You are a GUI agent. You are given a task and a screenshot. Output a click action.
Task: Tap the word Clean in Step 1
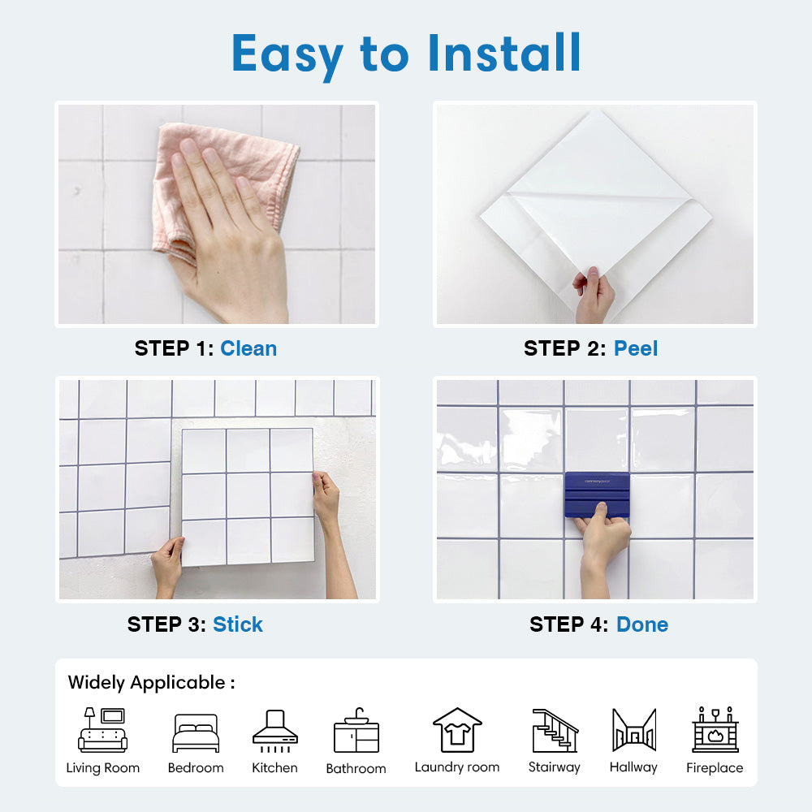[x=248, y=348]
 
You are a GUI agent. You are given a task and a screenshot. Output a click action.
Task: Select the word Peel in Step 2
[x=636, y=348]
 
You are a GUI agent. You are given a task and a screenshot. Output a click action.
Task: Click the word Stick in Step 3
[x=238, y=624]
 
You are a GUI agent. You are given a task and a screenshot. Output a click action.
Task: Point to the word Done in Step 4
[x=642, y=624]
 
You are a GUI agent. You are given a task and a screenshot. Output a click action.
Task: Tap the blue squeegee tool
[x=597, y=495]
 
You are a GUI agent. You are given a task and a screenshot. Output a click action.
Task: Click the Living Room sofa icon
[x=102, y=730]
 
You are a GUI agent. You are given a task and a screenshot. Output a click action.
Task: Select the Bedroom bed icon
[x=196, y=732]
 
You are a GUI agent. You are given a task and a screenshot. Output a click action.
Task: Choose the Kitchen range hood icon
[x=275, y=731]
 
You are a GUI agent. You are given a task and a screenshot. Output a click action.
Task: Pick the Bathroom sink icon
[x=356, y=731]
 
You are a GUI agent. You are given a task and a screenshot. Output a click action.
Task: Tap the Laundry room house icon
[x=457, y=730]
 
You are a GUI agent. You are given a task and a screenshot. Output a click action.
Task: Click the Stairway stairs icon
[x=555, y=730]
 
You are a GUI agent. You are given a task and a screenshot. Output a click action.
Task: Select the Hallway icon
[x=634, y=730]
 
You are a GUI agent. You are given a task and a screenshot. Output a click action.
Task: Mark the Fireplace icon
[x=715, y=729]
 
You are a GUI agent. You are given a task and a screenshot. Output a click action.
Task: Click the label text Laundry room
[x=457, y=767]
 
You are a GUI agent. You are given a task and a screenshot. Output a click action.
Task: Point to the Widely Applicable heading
[x=151, y=683]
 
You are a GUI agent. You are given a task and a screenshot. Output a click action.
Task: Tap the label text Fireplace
[x=715, y=767]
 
